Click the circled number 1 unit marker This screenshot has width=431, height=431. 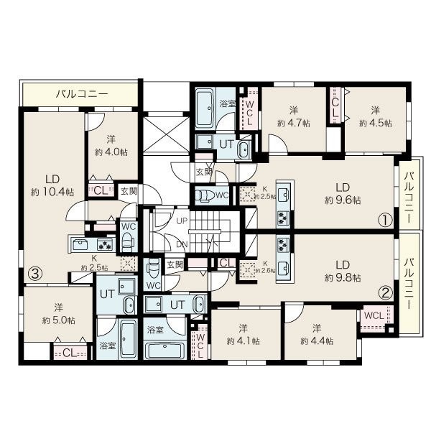pos(385,221)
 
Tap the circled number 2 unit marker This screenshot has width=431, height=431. pos(386,293)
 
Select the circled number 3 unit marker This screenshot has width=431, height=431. pos(37,273)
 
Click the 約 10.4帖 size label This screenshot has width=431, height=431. pos(52,192)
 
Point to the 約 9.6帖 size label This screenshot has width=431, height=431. pos(343,200)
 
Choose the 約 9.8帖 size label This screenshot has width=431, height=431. pos(343,278)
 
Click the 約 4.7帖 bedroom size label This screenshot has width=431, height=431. pos(294,123)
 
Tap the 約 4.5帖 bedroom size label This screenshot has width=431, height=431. pos(376,123)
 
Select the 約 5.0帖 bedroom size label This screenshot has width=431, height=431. pos(59,320)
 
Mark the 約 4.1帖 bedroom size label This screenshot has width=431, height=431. pos(244,341)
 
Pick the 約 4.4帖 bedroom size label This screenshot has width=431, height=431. pos(317,341)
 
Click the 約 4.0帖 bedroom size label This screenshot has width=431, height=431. pos(111,152)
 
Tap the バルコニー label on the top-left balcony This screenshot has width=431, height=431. pos(82,94)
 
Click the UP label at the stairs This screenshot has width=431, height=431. pos(182,221)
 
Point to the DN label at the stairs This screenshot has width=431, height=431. pos(182,244)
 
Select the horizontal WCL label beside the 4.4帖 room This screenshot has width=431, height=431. pos(374,315)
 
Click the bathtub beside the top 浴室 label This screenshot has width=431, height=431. pos(205,109)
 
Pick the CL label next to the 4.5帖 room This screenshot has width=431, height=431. pos(335,108)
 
